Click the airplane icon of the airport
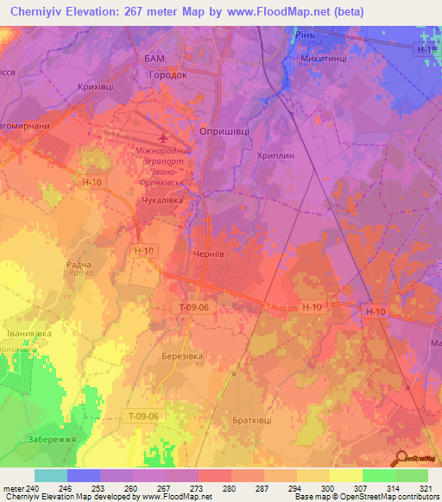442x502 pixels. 165,138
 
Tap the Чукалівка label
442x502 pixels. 158,200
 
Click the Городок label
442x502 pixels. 164,75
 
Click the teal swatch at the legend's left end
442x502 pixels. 50,475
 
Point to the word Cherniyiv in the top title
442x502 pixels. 42,12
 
